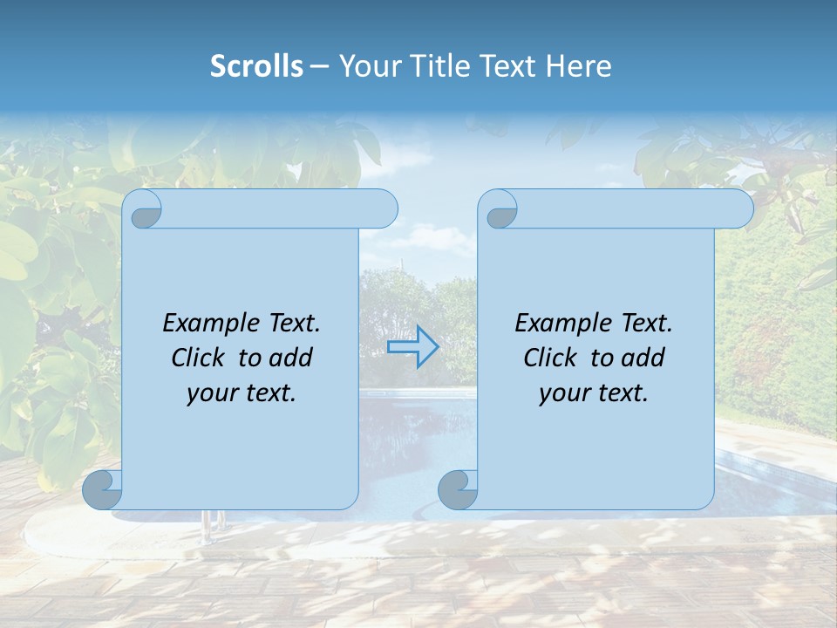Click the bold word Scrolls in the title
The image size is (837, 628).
(x=256, y=66)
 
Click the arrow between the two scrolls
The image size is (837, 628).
(x=412, y=347)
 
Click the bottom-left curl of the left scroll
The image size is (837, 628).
(x=103, y=489)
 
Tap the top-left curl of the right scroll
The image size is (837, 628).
(x=500, y=210)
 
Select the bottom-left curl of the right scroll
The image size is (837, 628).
(x=458, y=489)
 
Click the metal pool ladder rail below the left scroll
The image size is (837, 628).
(x=207, y=525)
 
